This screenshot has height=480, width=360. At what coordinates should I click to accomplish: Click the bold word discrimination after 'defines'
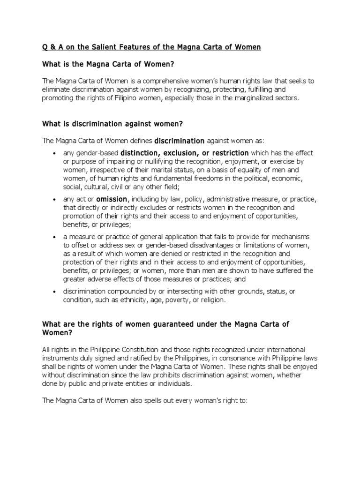coord(180,140)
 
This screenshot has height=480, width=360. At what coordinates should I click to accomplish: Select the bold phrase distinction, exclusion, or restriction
coord(185,153)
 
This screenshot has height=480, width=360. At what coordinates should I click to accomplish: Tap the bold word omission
coord(112,199)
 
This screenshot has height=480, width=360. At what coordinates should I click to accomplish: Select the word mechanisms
coord(290,237)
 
